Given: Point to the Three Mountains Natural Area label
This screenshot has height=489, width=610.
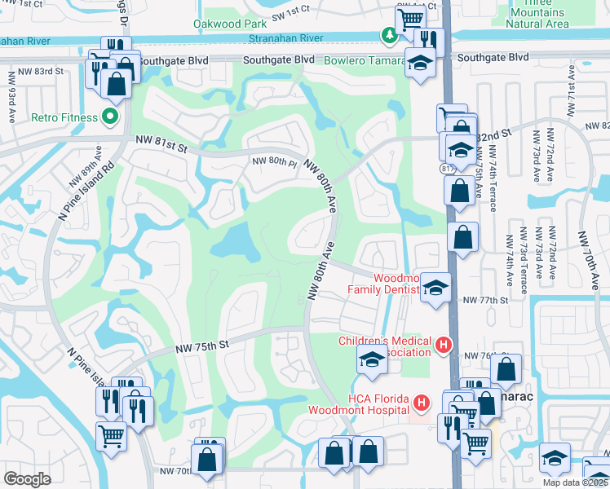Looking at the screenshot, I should pos(537,14).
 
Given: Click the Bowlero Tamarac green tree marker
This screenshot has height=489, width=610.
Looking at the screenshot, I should pos(390,34).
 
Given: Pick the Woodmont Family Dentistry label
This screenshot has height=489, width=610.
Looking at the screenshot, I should pos(383,283).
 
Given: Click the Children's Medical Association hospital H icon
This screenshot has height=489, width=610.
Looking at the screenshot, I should pos(444,346).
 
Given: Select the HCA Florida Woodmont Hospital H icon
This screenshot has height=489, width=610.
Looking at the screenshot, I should pos(421,403).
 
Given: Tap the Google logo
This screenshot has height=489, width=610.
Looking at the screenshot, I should pos(27,479).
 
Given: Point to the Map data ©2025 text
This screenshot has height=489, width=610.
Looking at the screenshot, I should pos(576,482).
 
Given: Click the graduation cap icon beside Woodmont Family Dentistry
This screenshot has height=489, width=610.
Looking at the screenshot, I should pos(435,287).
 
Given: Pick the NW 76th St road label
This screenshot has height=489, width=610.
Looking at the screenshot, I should pos(481,355).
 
